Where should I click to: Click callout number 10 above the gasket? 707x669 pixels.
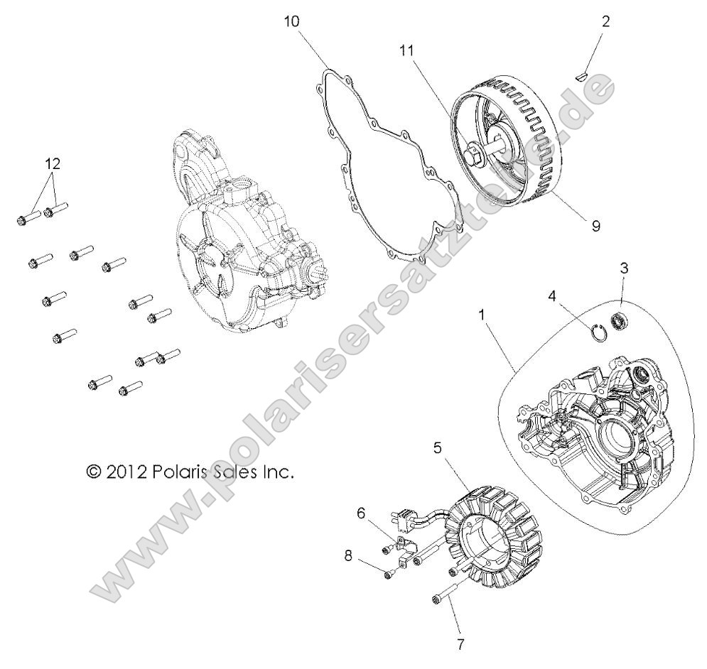(x=292, y=21)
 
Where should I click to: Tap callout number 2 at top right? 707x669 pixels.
(x=605, y=21)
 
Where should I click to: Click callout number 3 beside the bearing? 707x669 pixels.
(x=624, y=268)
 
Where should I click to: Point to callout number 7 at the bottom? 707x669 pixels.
(x=460, y=645)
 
